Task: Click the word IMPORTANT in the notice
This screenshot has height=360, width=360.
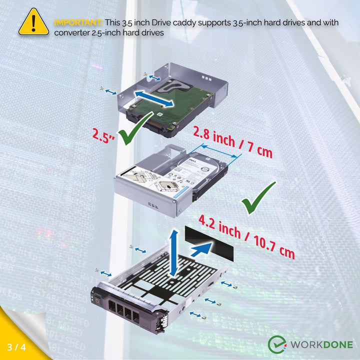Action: [78, 22]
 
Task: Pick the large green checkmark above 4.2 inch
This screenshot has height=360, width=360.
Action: [258, 198]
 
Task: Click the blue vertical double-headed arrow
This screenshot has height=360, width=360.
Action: [173, 252]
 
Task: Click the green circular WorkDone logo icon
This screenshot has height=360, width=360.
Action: [277, 344]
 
